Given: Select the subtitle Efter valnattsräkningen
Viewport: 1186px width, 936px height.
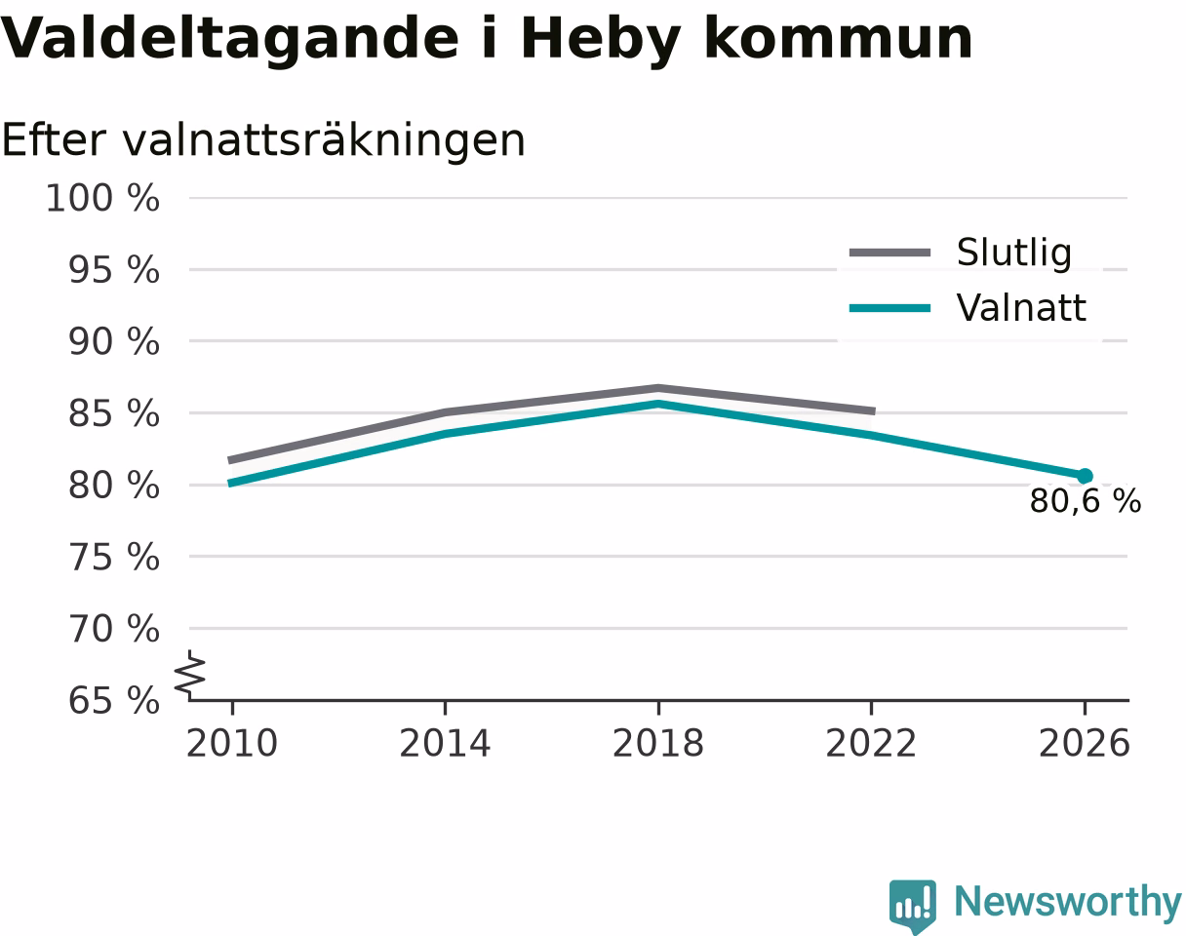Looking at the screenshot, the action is (263, 141).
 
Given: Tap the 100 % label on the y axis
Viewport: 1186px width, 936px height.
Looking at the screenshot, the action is (103, 198).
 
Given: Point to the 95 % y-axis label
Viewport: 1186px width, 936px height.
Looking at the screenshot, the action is (114, 270).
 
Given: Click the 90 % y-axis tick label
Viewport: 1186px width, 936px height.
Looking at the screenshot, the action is (114, 342).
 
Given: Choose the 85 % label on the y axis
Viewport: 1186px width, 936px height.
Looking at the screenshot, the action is (114, 413).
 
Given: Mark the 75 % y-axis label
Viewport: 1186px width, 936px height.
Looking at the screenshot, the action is (114, 558).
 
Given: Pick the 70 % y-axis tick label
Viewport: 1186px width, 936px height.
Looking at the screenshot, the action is (114, 629).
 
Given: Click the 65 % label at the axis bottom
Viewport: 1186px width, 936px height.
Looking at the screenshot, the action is (114, 701).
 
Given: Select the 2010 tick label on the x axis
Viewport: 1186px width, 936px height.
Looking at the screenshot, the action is (232, 744).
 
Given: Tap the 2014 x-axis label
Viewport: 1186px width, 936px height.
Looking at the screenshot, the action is (445, 744).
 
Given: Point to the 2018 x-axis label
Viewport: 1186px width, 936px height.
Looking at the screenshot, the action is (658, 744).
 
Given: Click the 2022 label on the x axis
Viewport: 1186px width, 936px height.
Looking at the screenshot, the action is (871, 744).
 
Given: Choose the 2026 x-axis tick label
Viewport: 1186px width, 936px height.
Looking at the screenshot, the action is (1084, 744).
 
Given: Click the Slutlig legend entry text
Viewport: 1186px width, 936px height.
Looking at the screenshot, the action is (1014, 253).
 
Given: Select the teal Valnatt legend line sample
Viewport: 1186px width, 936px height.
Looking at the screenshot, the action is (890, 308).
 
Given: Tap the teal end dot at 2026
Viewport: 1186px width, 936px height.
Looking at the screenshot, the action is (1085, 476).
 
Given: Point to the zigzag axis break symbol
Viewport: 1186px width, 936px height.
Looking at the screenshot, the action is (189, 676).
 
